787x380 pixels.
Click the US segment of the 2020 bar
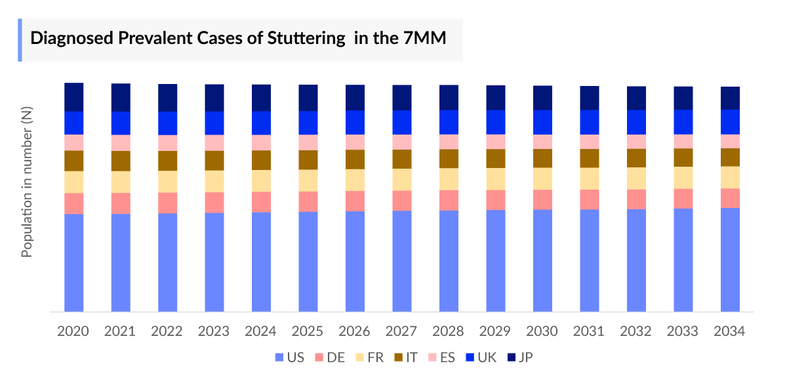[73, 263]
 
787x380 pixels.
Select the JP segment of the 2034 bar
[730, 98]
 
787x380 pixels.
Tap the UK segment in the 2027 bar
[402, 122]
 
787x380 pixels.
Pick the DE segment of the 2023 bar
[214, 202]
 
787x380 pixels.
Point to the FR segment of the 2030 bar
[543, 179]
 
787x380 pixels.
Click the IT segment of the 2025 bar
[308, 159]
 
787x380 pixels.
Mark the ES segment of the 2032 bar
[637, 142]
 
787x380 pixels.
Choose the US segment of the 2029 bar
[496, 261]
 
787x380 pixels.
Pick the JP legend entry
[524, 358]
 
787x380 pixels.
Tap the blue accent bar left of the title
[20, 40]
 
